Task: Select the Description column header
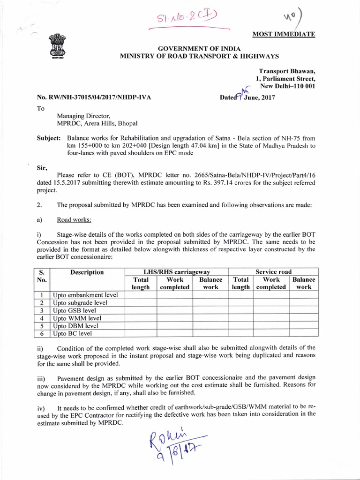pyautogui.click(x=87, y=272)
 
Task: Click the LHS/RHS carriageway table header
pyautogui.click(x=176, y=272)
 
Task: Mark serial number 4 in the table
pyautogui.click(x=42, y=318)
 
